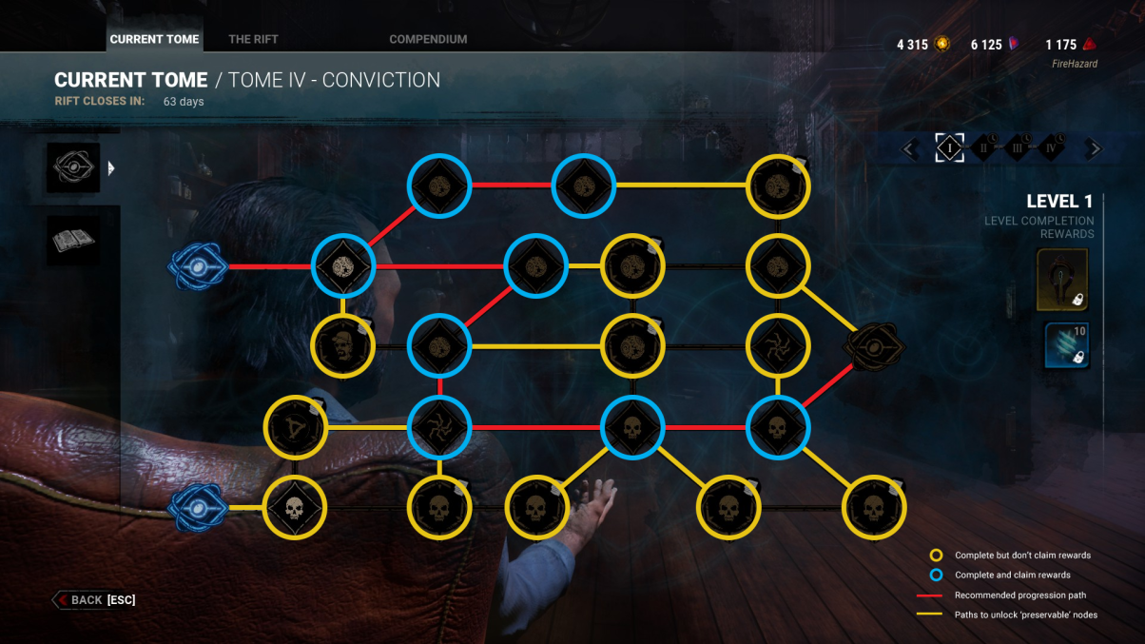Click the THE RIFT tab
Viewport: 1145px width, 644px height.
point(253,39)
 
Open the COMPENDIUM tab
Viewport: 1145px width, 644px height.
point(428,39)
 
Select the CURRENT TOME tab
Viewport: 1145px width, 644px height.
point(154,39)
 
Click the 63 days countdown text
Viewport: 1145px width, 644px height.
point(184,102)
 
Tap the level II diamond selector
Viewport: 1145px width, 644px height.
point(983,148)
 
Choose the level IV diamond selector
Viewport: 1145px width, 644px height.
point(1051,148)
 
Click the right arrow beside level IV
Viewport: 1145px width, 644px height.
point(1094,149)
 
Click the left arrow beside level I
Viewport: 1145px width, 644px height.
point(909,149)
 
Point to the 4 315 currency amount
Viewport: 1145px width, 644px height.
point(912,45)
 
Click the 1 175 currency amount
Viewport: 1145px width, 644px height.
point(1061,45)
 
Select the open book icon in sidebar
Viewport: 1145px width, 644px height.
point(73,241)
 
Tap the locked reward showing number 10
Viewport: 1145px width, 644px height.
point(1067,344)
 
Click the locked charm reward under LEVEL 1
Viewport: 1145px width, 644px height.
point(1062,280)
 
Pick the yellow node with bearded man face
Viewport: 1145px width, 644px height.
point(342,346)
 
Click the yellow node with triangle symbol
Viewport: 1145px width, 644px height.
point(296,427)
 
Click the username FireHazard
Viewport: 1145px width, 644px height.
point(1075,64)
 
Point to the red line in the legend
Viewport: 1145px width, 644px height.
point(929,595)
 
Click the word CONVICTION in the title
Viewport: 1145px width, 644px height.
point(380,80)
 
